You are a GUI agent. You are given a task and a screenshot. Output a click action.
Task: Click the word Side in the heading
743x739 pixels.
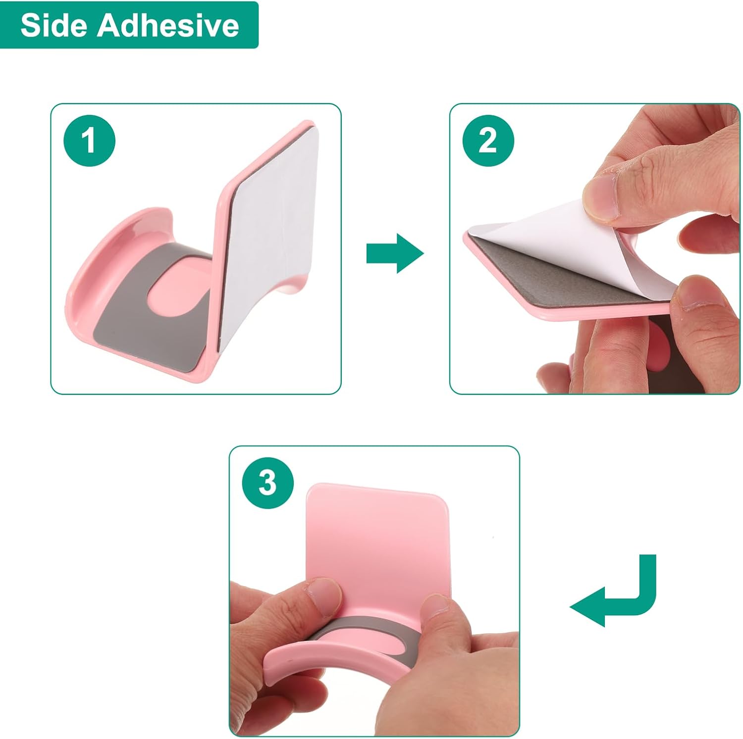tap(54, 25)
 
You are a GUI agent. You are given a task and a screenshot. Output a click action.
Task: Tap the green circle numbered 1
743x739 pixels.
tap(89, 140)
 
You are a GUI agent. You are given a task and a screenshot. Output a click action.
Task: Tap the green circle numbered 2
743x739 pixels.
tap(488, 140)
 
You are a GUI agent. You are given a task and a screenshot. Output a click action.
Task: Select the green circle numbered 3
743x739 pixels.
tap(267, 483)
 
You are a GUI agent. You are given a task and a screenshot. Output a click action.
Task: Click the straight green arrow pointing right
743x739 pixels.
tap(395, 253)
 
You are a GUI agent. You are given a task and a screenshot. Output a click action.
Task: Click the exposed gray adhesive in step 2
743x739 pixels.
tap(560, 272)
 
